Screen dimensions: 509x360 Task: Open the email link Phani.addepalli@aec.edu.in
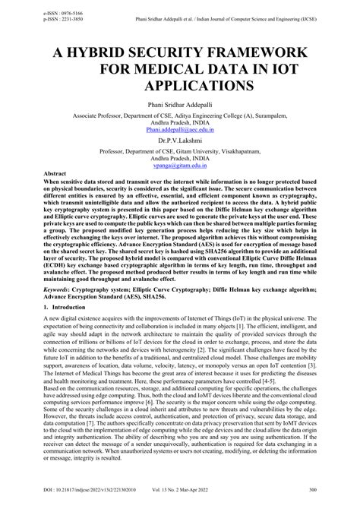180,130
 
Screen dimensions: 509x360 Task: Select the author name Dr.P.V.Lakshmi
180,141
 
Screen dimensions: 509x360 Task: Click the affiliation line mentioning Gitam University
180,150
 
